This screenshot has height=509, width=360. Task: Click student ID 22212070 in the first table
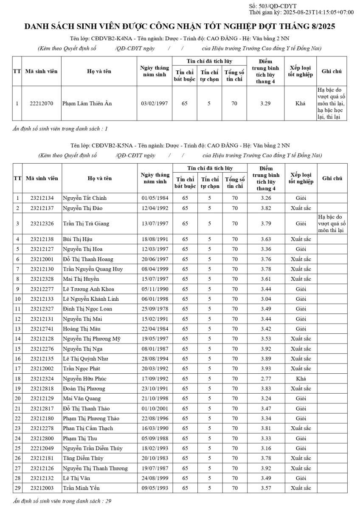[x=42, y=103]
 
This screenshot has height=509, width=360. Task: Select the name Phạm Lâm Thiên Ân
[x=87, y=103]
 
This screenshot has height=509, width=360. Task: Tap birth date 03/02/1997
[x=155, y=103]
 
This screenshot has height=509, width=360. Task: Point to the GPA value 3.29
[x=265, y=103]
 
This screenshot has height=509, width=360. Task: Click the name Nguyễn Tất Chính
[x=85, y=198]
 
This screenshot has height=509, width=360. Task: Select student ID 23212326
[x=42, y=224]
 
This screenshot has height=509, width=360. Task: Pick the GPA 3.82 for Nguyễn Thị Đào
[x=266, y=208]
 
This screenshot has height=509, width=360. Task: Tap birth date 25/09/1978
[x=155, y=309]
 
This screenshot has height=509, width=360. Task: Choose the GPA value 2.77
[x=266, y=378]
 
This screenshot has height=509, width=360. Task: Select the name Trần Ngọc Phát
[x=82, y=369]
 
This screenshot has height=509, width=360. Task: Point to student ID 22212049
[x=42, y=448]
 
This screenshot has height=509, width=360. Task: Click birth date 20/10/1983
[x=155, y=458]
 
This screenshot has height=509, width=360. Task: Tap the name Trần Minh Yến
[x=82, y=488]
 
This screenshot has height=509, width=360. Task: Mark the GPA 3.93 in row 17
[x=266, y=369]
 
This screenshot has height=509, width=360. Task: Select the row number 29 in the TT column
[x=17, y=488]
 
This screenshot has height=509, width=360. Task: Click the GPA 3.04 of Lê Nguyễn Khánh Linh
[x=266, y=299]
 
